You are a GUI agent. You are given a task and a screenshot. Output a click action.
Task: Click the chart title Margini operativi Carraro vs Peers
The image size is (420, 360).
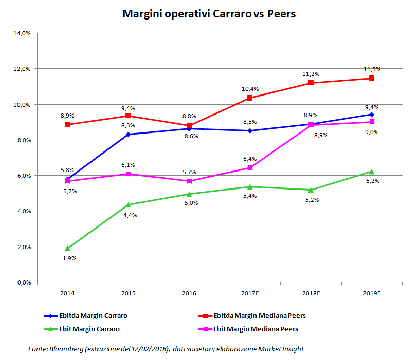click(x=209, y=14)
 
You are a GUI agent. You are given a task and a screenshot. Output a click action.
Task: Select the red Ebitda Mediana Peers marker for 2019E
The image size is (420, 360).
click(x=371, y=79)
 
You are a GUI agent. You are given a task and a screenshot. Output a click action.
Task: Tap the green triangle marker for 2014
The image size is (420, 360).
click(x=67, y=248)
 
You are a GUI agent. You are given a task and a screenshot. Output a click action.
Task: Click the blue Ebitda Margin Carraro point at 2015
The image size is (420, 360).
click(x=128, y=135)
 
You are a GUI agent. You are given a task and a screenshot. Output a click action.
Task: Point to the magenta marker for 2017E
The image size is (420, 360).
click(x=250, y=168)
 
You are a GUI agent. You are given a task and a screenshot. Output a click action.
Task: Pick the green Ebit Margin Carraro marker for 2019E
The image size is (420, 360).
click(x=371, y=172)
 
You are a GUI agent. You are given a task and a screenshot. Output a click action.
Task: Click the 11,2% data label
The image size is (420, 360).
click(x=311, y=74)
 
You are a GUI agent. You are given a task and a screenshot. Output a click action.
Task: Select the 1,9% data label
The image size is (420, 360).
click(x=69, y=258)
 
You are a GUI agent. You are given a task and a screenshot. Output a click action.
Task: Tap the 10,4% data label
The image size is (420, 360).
click(x=250, y=89)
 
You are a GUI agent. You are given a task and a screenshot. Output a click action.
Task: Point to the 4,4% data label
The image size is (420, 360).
click(x=130, y=215)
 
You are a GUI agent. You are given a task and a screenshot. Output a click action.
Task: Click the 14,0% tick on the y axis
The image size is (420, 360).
click(x=23, y=33)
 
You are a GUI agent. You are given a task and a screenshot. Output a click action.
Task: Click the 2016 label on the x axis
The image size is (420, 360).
click(x=189, y=293)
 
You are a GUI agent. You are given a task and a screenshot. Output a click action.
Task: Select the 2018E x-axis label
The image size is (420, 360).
click(x=311, y=293)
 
